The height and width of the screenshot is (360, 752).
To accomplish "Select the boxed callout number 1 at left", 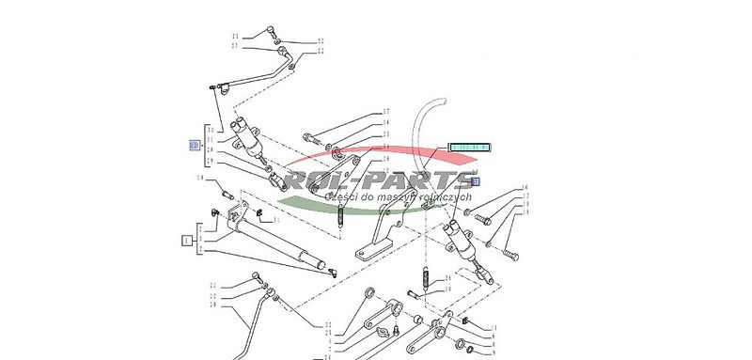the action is [x=186, y=240].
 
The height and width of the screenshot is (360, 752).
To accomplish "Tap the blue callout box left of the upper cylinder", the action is [x=195, y=145].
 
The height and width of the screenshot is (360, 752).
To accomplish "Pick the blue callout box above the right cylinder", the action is [x=476, y=181].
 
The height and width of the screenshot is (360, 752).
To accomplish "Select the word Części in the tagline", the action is [x=339, y=197].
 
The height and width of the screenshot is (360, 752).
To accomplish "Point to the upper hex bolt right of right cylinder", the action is [x=484, y=219].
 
